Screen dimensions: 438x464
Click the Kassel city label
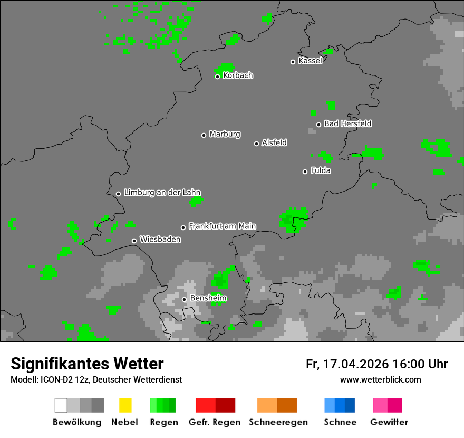click(x=310, y=61)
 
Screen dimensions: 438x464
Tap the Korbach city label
click(x=238, y=75)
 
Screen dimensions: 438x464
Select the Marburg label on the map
click(x=225, y=134)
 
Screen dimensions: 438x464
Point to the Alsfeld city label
click(x=274, y=142)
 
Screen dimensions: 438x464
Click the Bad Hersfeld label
click(x=347, y=123)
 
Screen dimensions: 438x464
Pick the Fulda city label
click(x=321, y=170)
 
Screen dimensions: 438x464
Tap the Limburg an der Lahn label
click(x=162, y=193)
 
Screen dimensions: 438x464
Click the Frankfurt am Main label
click(x=222, y=226)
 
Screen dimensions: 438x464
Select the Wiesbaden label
click(x=160, y=240)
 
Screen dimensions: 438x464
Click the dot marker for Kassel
click(x=293, y=62)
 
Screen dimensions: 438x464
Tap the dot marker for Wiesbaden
click(x=134, y=241)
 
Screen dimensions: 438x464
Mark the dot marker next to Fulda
click(x=305, y=172)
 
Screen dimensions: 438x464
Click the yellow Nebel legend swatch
click(x=125, y=405)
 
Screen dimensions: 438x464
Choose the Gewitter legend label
click(x=389, y=422)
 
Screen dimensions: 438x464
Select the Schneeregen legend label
click(x=278, y=422)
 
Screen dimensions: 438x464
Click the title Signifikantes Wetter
click(x=87, y=364)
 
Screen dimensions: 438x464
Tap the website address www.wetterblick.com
click(x=380, y=379)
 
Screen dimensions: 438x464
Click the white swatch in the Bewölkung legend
click(x=61, y=405)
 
